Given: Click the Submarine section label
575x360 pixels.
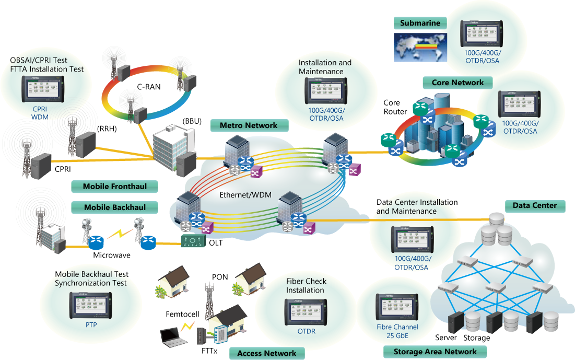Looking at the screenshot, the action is point(420,23).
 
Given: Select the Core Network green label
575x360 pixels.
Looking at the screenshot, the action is point(457,83).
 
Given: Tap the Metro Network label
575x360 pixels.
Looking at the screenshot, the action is point(249,125).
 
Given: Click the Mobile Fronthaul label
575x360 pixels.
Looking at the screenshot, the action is point(114,187).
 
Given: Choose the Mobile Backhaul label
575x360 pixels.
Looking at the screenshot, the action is point(114,207).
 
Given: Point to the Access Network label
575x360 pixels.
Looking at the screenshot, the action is point(266,353).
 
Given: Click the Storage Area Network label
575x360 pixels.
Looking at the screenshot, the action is point(435,352).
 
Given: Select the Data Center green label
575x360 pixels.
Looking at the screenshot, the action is point(535,205).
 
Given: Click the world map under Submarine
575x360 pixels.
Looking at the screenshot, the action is point(420,48).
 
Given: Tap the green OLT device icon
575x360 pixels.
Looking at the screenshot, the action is point(193,241).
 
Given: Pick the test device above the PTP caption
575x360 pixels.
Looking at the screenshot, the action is point(90,306).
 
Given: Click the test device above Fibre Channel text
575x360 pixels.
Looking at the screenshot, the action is point(397,307).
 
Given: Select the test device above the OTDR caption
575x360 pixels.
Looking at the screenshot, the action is point(306,312).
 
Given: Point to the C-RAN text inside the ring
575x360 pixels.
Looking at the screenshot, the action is point(149,87).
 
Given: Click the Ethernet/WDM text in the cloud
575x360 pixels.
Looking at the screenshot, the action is point(245,195).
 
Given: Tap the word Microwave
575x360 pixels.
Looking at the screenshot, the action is point(111,256).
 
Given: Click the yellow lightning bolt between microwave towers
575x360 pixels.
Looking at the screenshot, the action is point(120,234).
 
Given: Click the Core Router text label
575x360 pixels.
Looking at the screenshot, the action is point(395,107).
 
